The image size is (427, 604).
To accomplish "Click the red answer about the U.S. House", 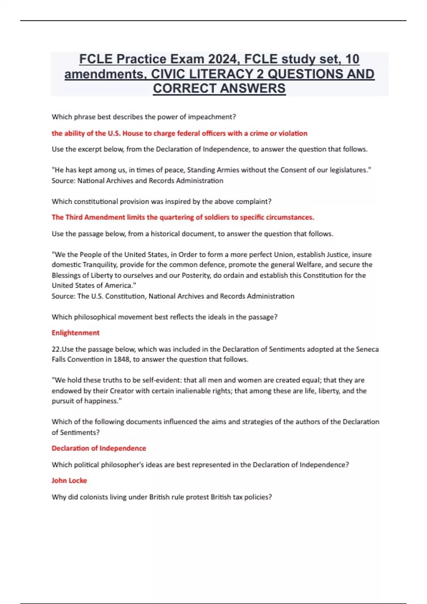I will point(179,133).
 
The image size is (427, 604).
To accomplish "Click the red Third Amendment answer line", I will point(183,217).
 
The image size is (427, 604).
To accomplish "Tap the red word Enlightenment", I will point(75,333).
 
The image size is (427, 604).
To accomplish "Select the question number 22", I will point(56,349).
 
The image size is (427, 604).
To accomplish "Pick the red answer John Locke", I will point(69,480).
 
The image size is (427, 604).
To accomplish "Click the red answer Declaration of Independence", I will point(99,448).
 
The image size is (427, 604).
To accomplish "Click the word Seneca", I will point(367,349).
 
